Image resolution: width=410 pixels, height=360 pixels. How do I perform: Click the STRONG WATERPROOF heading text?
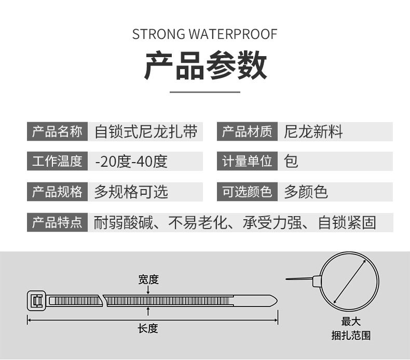[x=205, y=34]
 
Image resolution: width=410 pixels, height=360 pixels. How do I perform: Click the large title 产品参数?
[x=205, y=66]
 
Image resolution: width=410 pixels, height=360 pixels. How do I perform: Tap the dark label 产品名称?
[x=57, y=132]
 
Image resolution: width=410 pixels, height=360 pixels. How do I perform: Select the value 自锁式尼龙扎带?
[x=146, y=132]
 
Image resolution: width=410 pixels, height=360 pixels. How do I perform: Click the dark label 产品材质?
[x=247, y=132]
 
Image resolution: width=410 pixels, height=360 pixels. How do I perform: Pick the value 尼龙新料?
[x=313, y=132]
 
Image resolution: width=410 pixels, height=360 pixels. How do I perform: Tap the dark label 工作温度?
[x=57, y=162]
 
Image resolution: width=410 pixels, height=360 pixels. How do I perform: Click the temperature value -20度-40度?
[x=131, y=162]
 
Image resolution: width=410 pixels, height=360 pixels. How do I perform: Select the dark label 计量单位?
[x=247, y=162]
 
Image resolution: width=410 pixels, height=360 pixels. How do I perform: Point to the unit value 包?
[x=292, y=162]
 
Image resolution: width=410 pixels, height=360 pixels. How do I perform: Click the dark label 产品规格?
[x=57, y=192]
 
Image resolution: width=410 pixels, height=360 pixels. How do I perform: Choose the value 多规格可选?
[x=131, y=192]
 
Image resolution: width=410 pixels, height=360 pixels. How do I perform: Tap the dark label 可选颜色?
[x=247, y=192]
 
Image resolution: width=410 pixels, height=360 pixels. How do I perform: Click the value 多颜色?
[x=306, y=192]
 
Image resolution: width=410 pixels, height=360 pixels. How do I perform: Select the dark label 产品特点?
[x=57, y=223]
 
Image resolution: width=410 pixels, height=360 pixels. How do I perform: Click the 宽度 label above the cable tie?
[x=148, y=279]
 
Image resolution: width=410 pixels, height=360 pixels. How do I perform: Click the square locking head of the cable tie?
[x=36, y=301]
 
